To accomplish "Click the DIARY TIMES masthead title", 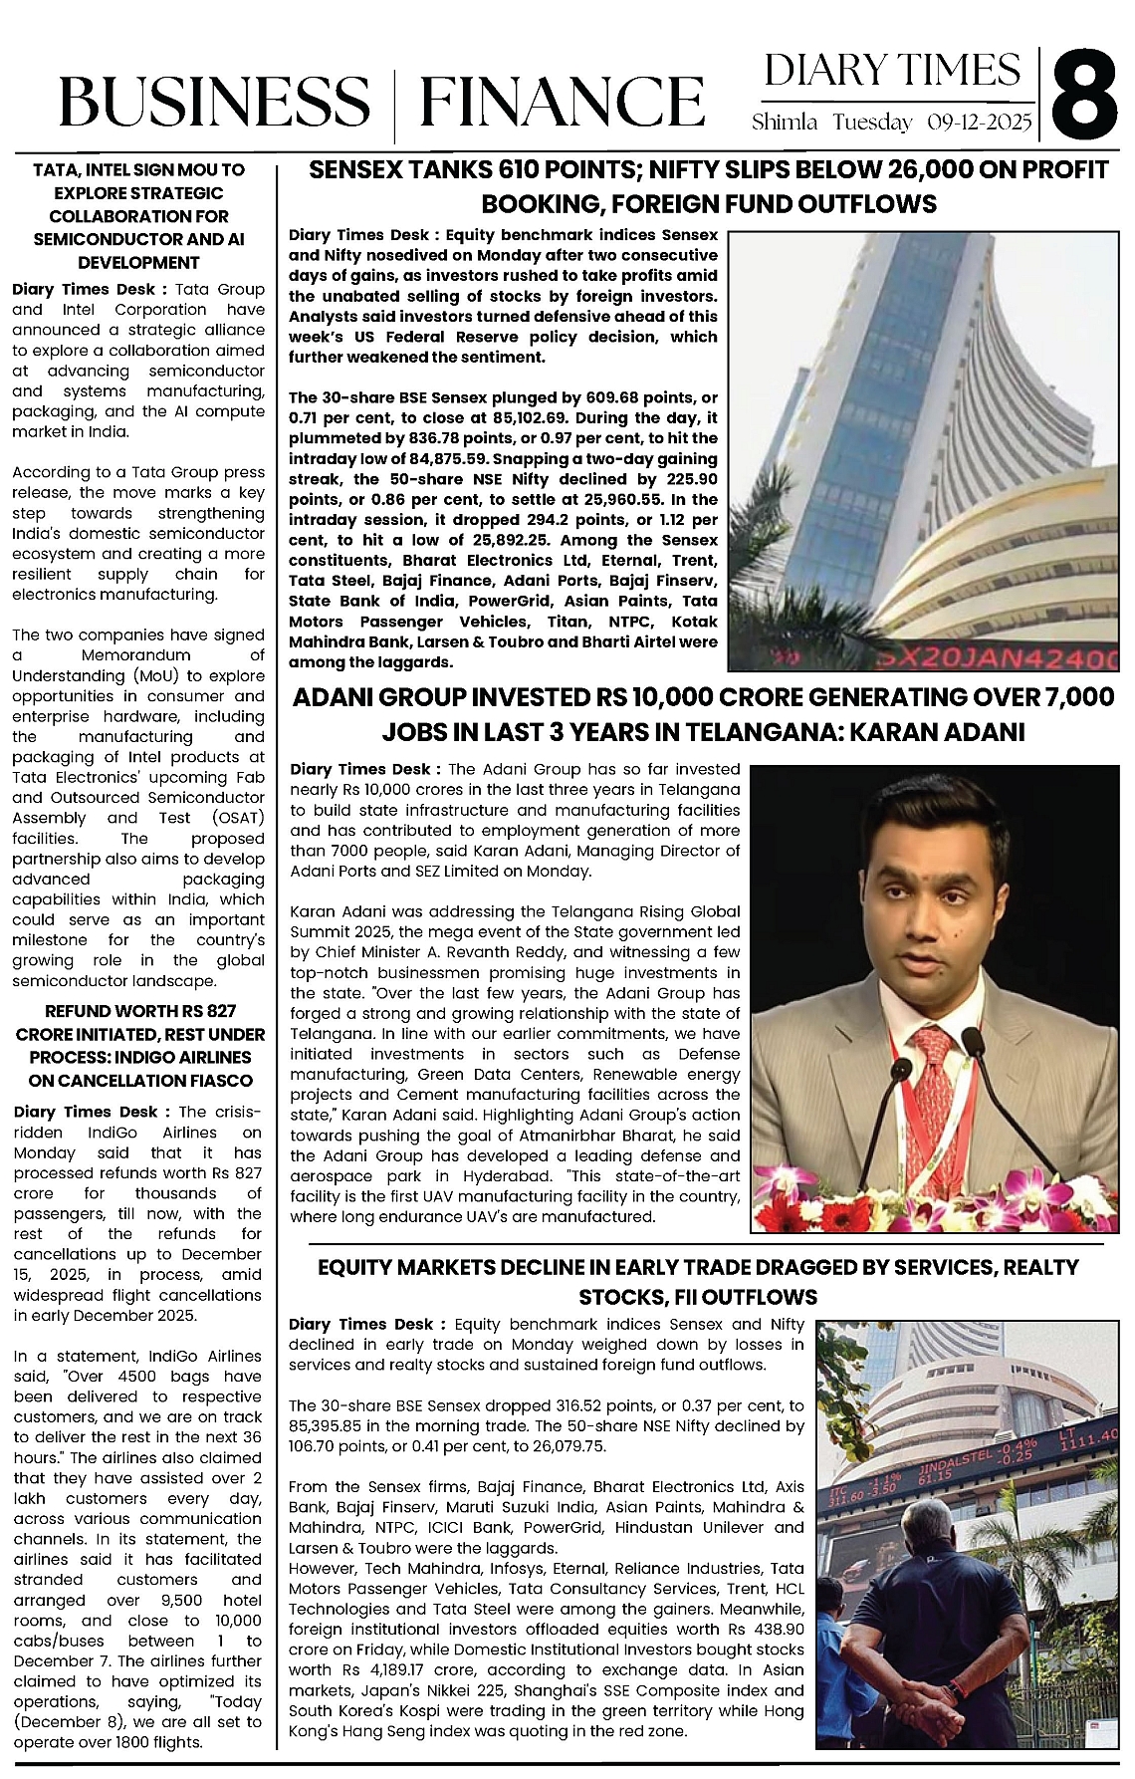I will tap(892, 71).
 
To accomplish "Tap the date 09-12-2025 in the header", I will tap(980, 124).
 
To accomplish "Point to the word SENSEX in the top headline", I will tap(354, 170).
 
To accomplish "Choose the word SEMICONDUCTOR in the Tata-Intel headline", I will tap(91, 239).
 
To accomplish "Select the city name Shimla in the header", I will tap(785, 124).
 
